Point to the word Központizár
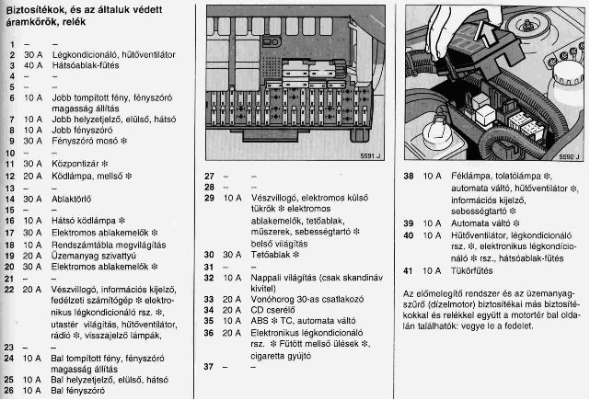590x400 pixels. click(x=80, y=164)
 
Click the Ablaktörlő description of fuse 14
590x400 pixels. click(x=75, y=198)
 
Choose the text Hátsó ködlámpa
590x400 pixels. click(x=81, y=221)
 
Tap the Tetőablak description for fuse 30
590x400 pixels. click(x=266, y=254)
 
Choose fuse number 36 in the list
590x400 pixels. click(x=209, y=333)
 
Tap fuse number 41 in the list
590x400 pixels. click(x=409, y=270)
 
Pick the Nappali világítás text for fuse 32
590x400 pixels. click(x=278, y=277)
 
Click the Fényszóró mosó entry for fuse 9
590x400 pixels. click(x=89, y=141)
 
